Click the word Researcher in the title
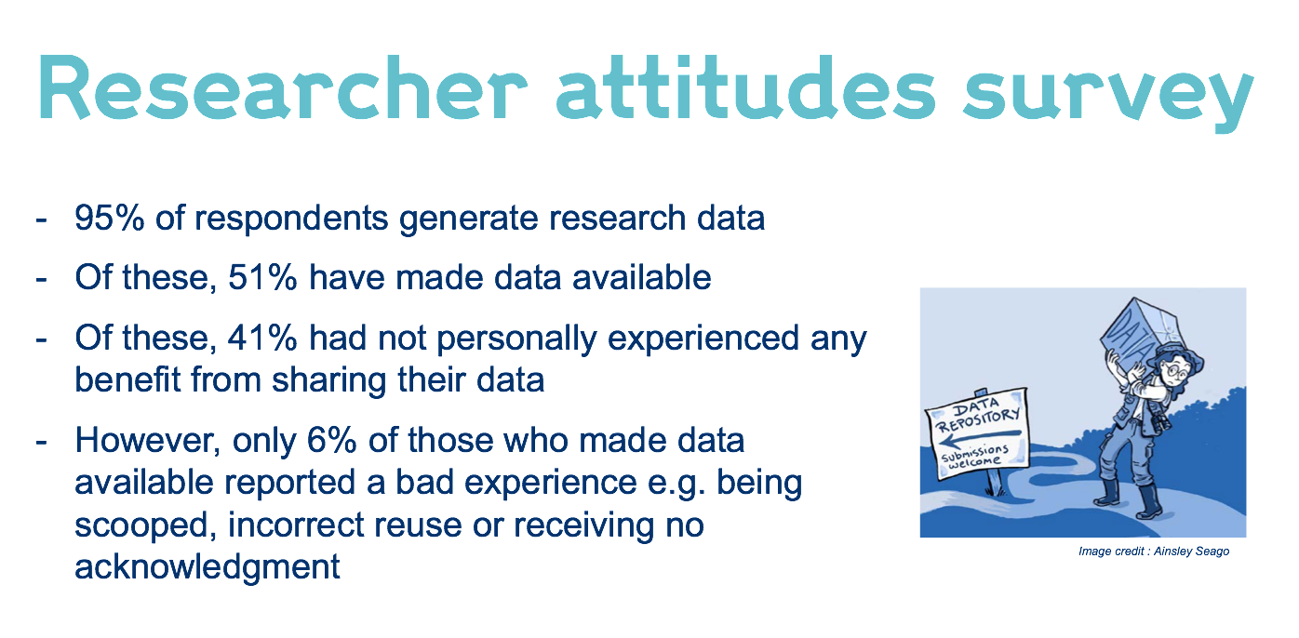click(x=283, y=88)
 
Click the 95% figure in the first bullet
click(x=110, y=218)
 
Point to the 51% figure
click(x=262, y=277)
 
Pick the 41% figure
click(x=262, y=338)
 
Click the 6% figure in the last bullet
click(x=331, y=441)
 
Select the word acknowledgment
click(x=207, y=567)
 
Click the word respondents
click(x=291, y=219)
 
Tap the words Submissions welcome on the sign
click(x=974, y=456)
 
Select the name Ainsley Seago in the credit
click(x=1191, y=552)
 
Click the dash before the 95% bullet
click(x=41, y=219)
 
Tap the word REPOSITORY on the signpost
click(x=979, y=420)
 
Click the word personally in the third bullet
click(x=516, y=339)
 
